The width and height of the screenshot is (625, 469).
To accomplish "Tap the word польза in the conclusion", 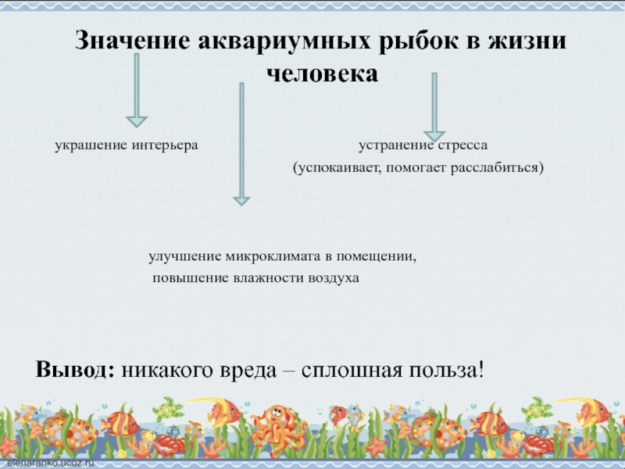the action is click(441, 368).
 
